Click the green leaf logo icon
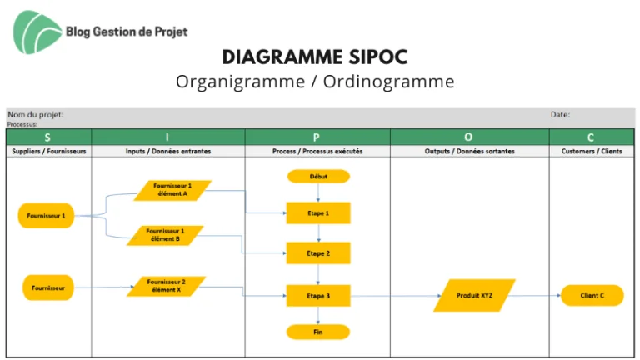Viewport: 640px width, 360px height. tap(36, 32)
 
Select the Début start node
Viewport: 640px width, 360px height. tap(318, 177)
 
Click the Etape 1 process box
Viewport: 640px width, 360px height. tap(318, 213)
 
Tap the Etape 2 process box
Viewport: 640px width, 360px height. tap(318, 253)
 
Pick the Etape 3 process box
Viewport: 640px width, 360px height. tap(318, 296)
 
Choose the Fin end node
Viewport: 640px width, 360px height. tap(318, 332)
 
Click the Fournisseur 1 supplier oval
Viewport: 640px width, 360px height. tap(46, 216)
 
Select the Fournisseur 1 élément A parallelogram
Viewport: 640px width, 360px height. tap(172, 190)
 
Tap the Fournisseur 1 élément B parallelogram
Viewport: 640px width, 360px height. tap(165, 235)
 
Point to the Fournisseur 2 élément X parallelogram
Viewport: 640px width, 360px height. tap(166, 286)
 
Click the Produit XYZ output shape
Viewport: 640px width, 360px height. tap(474, 296)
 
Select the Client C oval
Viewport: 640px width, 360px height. tap(592, 296)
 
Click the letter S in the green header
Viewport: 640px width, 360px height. tap(47, 137)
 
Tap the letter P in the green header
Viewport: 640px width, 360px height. tap(317, 137)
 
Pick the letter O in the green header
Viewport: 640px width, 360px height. tap(468, 137)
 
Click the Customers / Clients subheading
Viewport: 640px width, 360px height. tap(592, 151)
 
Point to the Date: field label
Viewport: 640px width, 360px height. tap(560, 115)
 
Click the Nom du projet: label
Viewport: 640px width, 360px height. tap(36, 115)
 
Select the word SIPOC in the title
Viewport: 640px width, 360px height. tap(378, 57)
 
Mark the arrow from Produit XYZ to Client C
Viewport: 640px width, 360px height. tap(535, 295)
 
